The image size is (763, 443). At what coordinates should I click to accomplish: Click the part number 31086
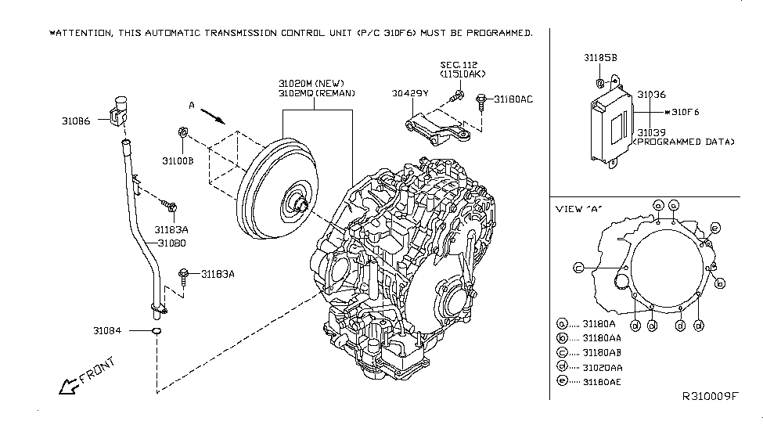click(x=77, y=121)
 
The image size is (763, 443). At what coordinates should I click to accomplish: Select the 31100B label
click(x=178, y=160)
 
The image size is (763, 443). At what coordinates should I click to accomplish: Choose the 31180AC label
click(x=512, y=99)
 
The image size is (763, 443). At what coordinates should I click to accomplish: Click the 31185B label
click(x=600, y=57)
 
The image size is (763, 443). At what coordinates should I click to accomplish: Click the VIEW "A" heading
click(x=580, y=209)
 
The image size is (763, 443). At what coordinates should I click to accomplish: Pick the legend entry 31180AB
click(x=600, y=352)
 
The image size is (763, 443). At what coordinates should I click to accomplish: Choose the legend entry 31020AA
click(x=600, y=366)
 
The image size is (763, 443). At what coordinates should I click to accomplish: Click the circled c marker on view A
click(x=578, y=268)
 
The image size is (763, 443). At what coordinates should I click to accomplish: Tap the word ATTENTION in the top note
click(x=83, y=33)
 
